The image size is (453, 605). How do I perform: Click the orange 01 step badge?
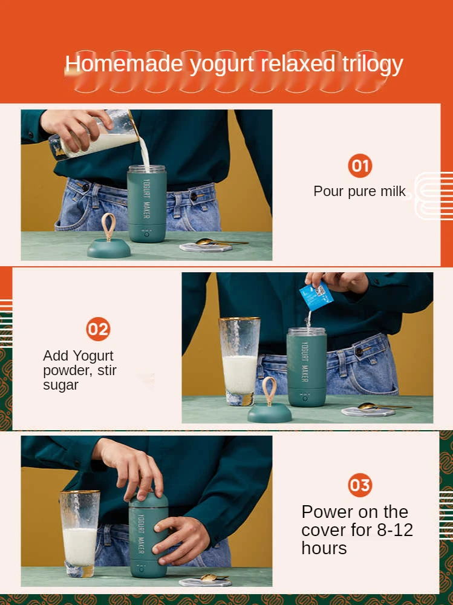pos(360,166)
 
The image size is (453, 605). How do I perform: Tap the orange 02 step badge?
pos(98,329)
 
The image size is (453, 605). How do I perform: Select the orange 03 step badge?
pos(360,485)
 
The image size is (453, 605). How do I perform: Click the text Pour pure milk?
pos(359,191)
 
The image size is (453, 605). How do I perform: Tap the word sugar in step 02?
pos(60,385)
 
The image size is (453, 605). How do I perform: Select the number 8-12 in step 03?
pos(395,530)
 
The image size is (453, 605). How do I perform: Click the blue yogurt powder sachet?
pos(316,296)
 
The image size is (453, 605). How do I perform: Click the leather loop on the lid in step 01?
pos(108,227)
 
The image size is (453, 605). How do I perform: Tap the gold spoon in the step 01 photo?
pos(221,243)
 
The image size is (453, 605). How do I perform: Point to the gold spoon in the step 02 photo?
pos(383,406)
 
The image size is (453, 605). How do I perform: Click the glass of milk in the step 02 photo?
pos(240,361)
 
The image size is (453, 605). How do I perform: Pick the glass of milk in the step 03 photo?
pos(79,534)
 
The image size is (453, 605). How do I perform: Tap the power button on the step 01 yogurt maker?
pos(146,234)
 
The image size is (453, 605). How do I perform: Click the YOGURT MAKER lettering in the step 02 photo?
pos(304,362)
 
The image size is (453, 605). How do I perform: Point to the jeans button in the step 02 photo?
pos(359,352)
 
